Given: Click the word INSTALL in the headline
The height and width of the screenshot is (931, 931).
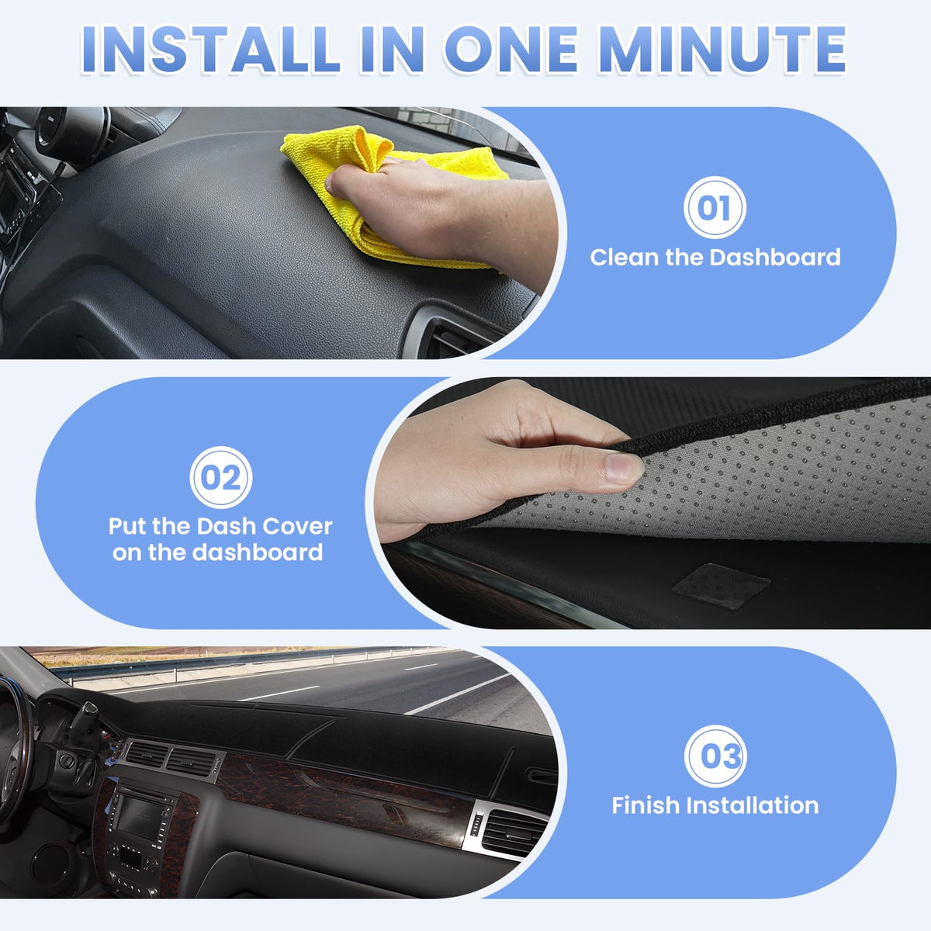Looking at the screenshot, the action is click(x=210, y=50).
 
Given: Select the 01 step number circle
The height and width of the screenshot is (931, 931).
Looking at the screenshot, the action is click(x=715, y=207).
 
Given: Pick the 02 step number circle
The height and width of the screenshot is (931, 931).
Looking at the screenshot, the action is click(x=221, y=477).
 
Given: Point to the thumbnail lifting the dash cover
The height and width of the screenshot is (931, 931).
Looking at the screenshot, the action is click(x=623, y=468).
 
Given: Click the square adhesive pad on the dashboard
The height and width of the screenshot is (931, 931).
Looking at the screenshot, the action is click(x=721, y=586).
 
